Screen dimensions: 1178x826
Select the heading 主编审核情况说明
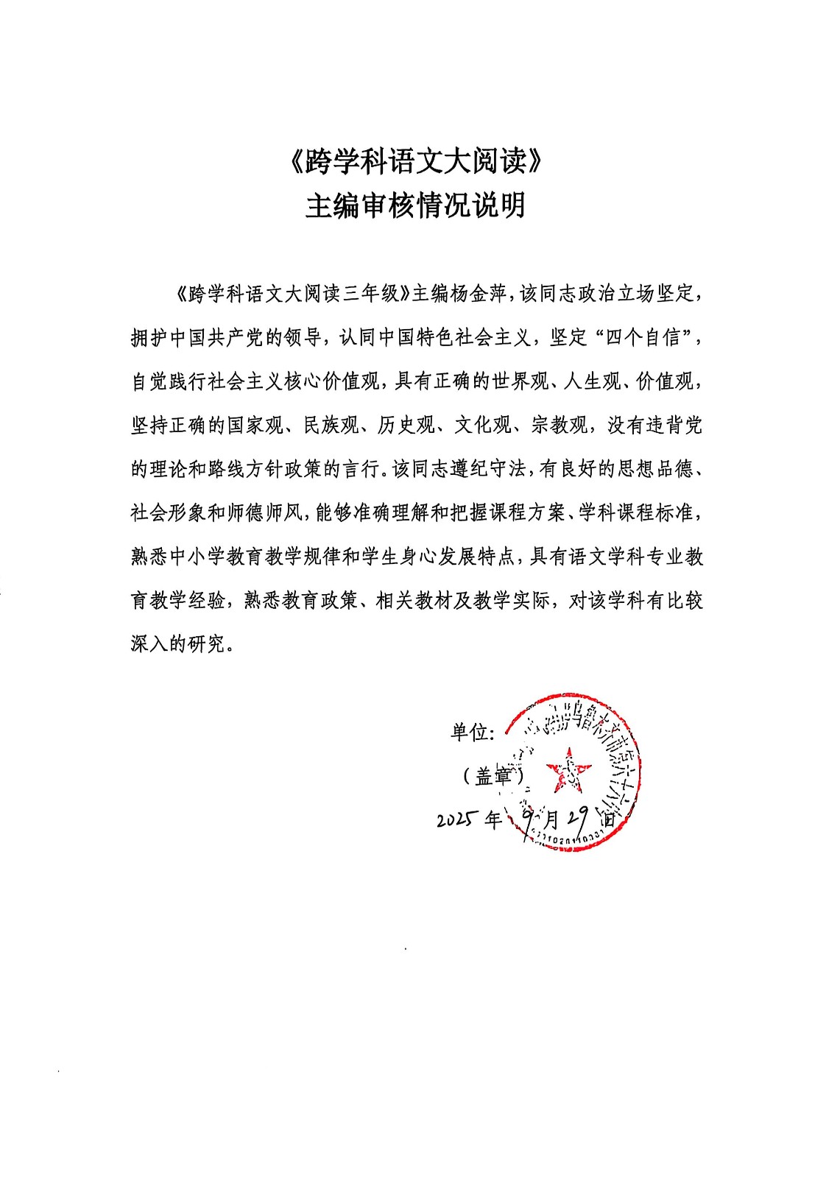(416, 205)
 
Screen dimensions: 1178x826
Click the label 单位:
(473, 732)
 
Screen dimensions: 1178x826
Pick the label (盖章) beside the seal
(493, 775)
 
